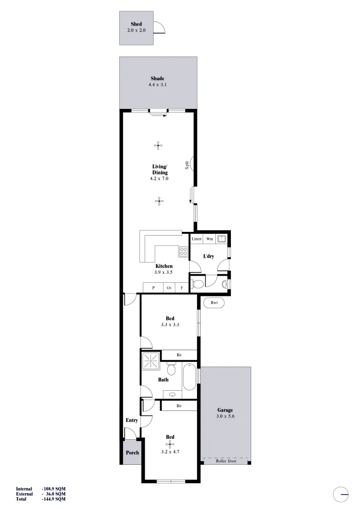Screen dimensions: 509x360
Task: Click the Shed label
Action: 136,24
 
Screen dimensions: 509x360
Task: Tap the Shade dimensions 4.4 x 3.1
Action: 157,85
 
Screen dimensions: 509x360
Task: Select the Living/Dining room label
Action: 160,170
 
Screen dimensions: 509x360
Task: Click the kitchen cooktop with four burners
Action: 183,251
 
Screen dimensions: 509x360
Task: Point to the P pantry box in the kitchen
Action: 153,287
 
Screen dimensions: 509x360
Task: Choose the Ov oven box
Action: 169,287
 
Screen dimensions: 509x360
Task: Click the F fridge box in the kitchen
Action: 181,287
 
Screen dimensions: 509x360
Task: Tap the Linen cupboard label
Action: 196,239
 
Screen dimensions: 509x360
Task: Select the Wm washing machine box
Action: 210,239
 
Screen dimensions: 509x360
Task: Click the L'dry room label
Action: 208,256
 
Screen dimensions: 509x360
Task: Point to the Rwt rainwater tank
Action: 214,303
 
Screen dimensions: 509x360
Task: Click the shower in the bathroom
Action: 151,362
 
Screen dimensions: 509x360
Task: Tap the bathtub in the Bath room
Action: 189,377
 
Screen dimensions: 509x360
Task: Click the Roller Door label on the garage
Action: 225,461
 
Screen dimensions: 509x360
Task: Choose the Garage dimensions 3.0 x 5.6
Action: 225,417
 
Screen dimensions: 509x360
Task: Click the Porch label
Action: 132,453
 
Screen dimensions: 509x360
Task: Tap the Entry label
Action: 131,420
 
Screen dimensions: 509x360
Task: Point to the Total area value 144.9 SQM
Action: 54,499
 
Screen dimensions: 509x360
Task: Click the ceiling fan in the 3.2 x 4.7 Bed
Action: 170,444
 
